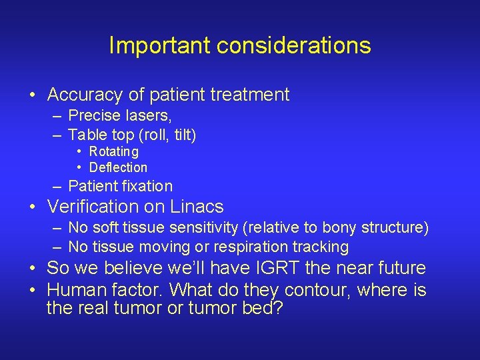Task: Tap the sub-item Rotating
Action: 114,152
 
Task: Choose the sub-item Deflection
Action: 118,167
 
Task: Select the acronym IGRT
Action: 268,269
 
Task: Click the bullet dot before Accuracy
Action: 33,95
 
